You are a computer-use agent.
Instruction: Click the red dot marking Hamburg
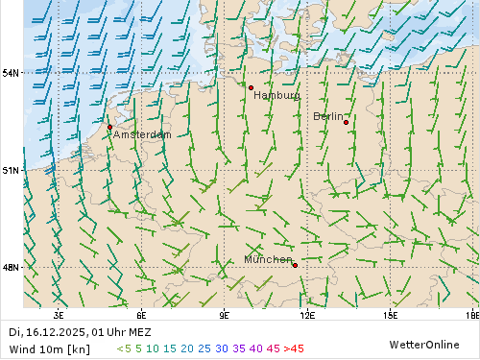[251, 87]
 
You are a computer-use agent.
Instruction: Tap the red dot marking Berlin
[346, 122]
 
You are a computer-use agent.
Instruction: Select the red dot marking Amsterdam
[109, 127]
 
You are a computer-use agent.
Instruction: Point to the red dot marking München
[295, 265]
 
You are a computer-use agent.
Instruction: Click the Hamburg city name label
[276, 96]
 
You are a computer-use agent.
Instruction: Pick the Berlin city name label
[327, 116]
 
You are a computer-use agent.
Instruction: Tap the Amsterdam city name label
[142, 135]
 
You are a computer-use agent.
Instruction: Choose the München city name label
[268, 260]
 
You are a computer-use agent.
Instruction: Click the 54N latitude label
[11, 73]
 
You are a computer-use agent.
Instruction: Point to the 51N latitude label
[11, 170]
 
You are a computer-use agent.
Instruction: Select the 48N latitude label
[11, 267]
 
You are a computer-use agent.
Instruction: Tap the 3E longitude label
[59, 315]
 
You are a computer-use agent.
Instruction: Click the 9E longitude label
[225, 315]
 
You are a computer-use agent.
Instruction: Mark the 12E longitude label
[307, 315]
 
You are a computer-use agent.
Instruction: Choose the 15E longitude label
[391, 315]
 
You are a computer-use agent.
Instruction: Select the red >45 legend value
[294, 348]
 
